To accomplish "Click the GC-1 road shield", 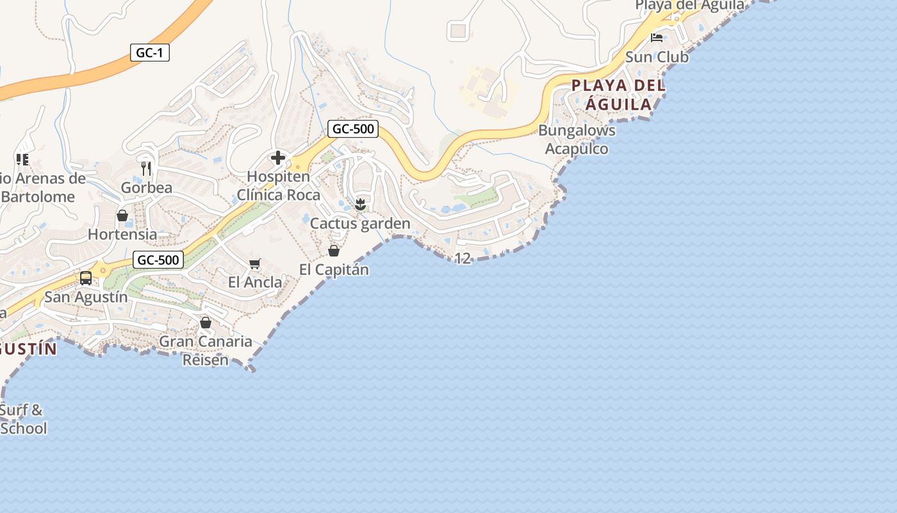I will (150, 53).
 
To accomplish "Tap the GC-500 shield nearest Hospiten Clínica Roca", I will (353, 129).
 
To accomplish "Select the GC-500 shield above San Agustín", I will (159, 260).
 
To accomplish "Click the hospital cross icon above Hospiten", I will (278, 158).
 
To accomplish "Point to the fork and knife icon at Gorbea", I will (146, 169).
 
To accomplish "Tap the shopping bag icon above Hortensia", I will (122, 215).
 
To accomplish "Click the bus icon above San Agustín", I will (86, 278).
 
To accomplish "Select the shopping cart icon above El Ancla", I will (255, 264).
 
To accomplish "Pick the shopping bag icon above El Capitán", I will (334, 250).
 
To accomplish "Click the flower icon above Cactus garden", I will (360, 205).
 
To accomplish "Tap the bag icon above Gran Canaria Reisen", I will (206, 323).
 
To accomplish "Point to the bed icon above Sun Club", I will (657, 38).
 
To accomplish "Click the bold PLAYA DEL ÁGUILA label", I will (618, 94).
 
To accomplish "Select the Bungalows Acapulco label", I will (577, 140).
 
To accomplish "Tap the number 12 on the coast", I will (463, 258).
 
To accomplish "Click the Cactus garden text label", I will (360, 224).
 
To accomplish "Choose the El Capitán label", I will (334, 269).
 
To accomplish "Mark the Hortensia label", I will (122, 234).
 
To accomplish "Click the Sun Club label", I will (657, 57).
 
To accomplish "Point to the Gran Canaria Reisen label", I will (206, 350).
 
